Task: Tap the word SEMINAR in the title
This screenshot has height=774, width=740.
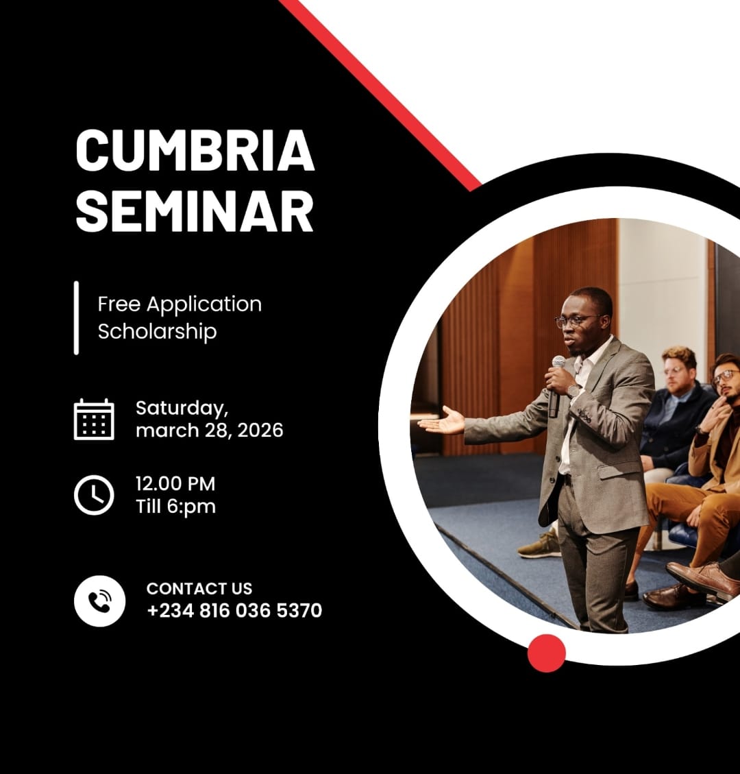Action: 195,210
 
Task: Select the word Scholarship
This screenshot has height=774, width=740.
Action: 157,331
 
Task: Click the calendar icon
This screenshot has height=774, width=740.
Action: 94,419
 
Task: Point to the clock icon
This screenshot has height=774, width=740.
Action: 94,494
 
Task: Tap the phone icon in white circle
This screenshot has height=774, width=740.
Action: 100,601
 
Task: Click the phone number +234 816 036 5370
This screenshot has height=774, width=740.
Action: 234,610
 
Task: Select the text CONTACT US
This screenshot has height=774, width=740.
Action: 199,588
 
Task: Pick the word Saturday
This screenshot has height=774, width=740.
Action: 181,408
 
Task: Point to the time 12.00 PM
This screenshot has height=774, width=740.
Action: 175,483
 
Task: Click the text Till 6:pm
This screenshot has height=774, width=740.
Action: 175,507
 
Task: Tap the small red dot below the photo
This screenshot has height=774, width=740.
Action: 547,653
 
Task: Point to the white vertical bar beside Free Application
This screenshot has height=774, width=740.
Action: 76,317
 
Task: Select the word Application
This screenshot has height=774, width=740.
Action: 204,304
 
